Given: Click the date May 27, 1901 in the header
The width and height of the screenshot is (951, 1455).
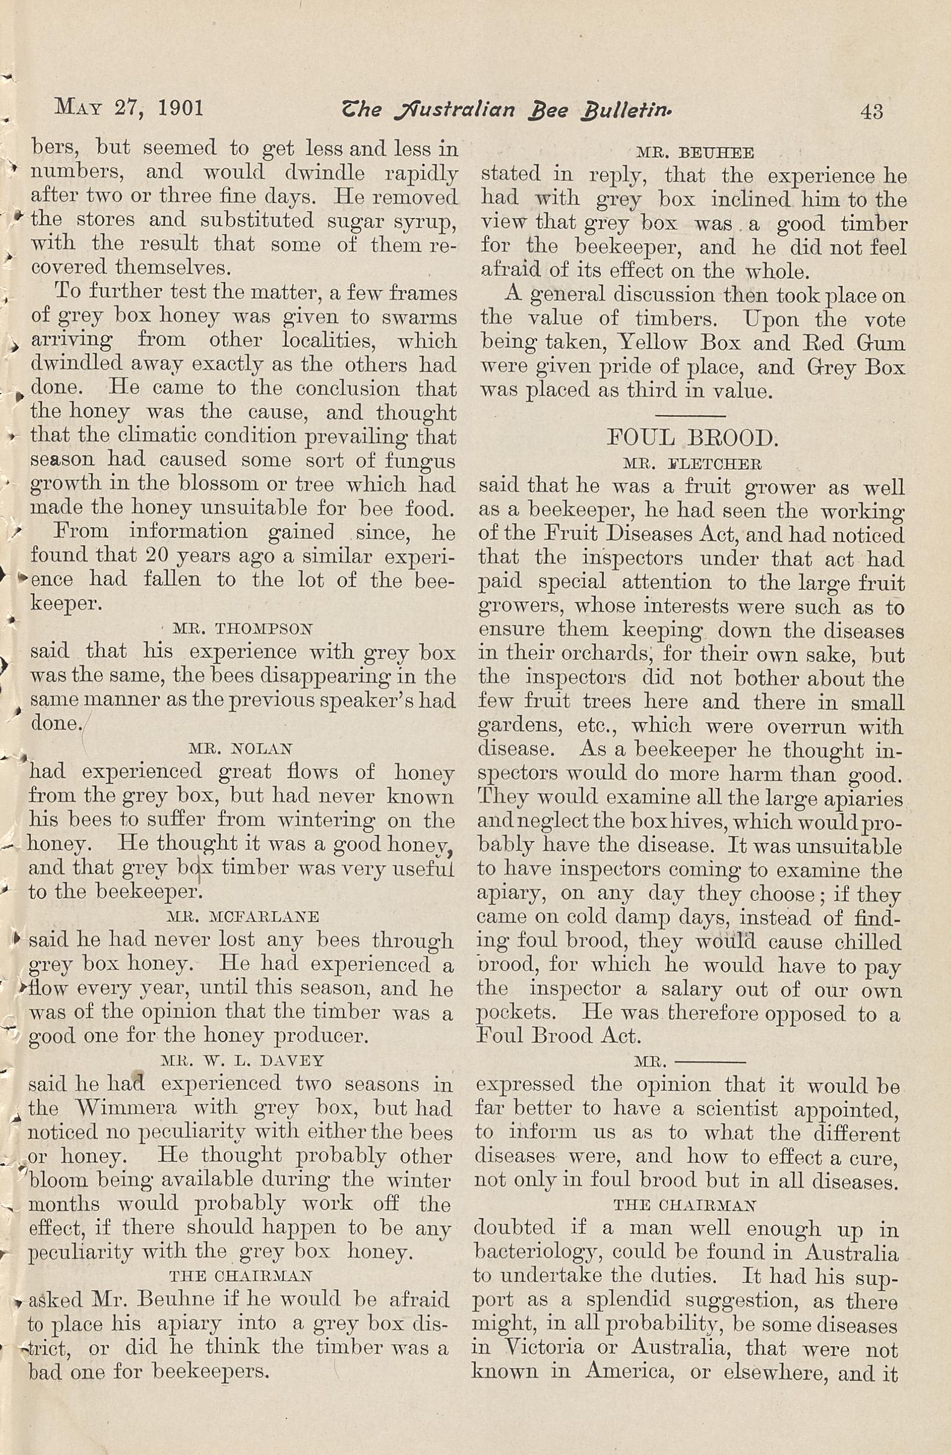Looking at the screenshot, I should click(x=129, y=108).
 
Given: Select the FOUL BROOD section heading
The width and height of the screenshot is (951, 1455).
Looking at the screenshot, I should click(x=691, y=438).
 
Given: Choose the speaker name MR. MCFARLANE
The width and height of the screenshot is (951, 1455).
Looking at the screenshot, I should click(x=242, y=916).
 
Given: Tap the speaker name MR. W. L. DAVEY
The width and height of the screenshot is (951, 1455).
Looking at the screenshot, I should click(x=242, y=1060).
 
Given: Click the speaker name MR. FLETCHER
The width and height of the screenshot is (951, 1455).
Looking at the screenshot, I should click(x=691, y=464).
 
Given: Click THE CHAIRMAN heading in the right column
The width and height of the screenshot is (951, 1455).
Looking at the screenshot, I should click(x=685, y=1205).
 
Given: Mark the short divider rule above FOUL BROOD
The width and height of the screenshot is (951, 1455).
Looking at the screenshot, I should click(x=694, y=414).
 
